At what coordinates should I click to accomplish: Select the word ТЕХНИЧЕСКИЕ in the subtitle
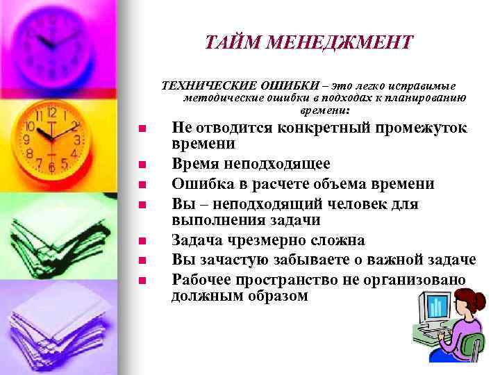coord(209,85)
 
